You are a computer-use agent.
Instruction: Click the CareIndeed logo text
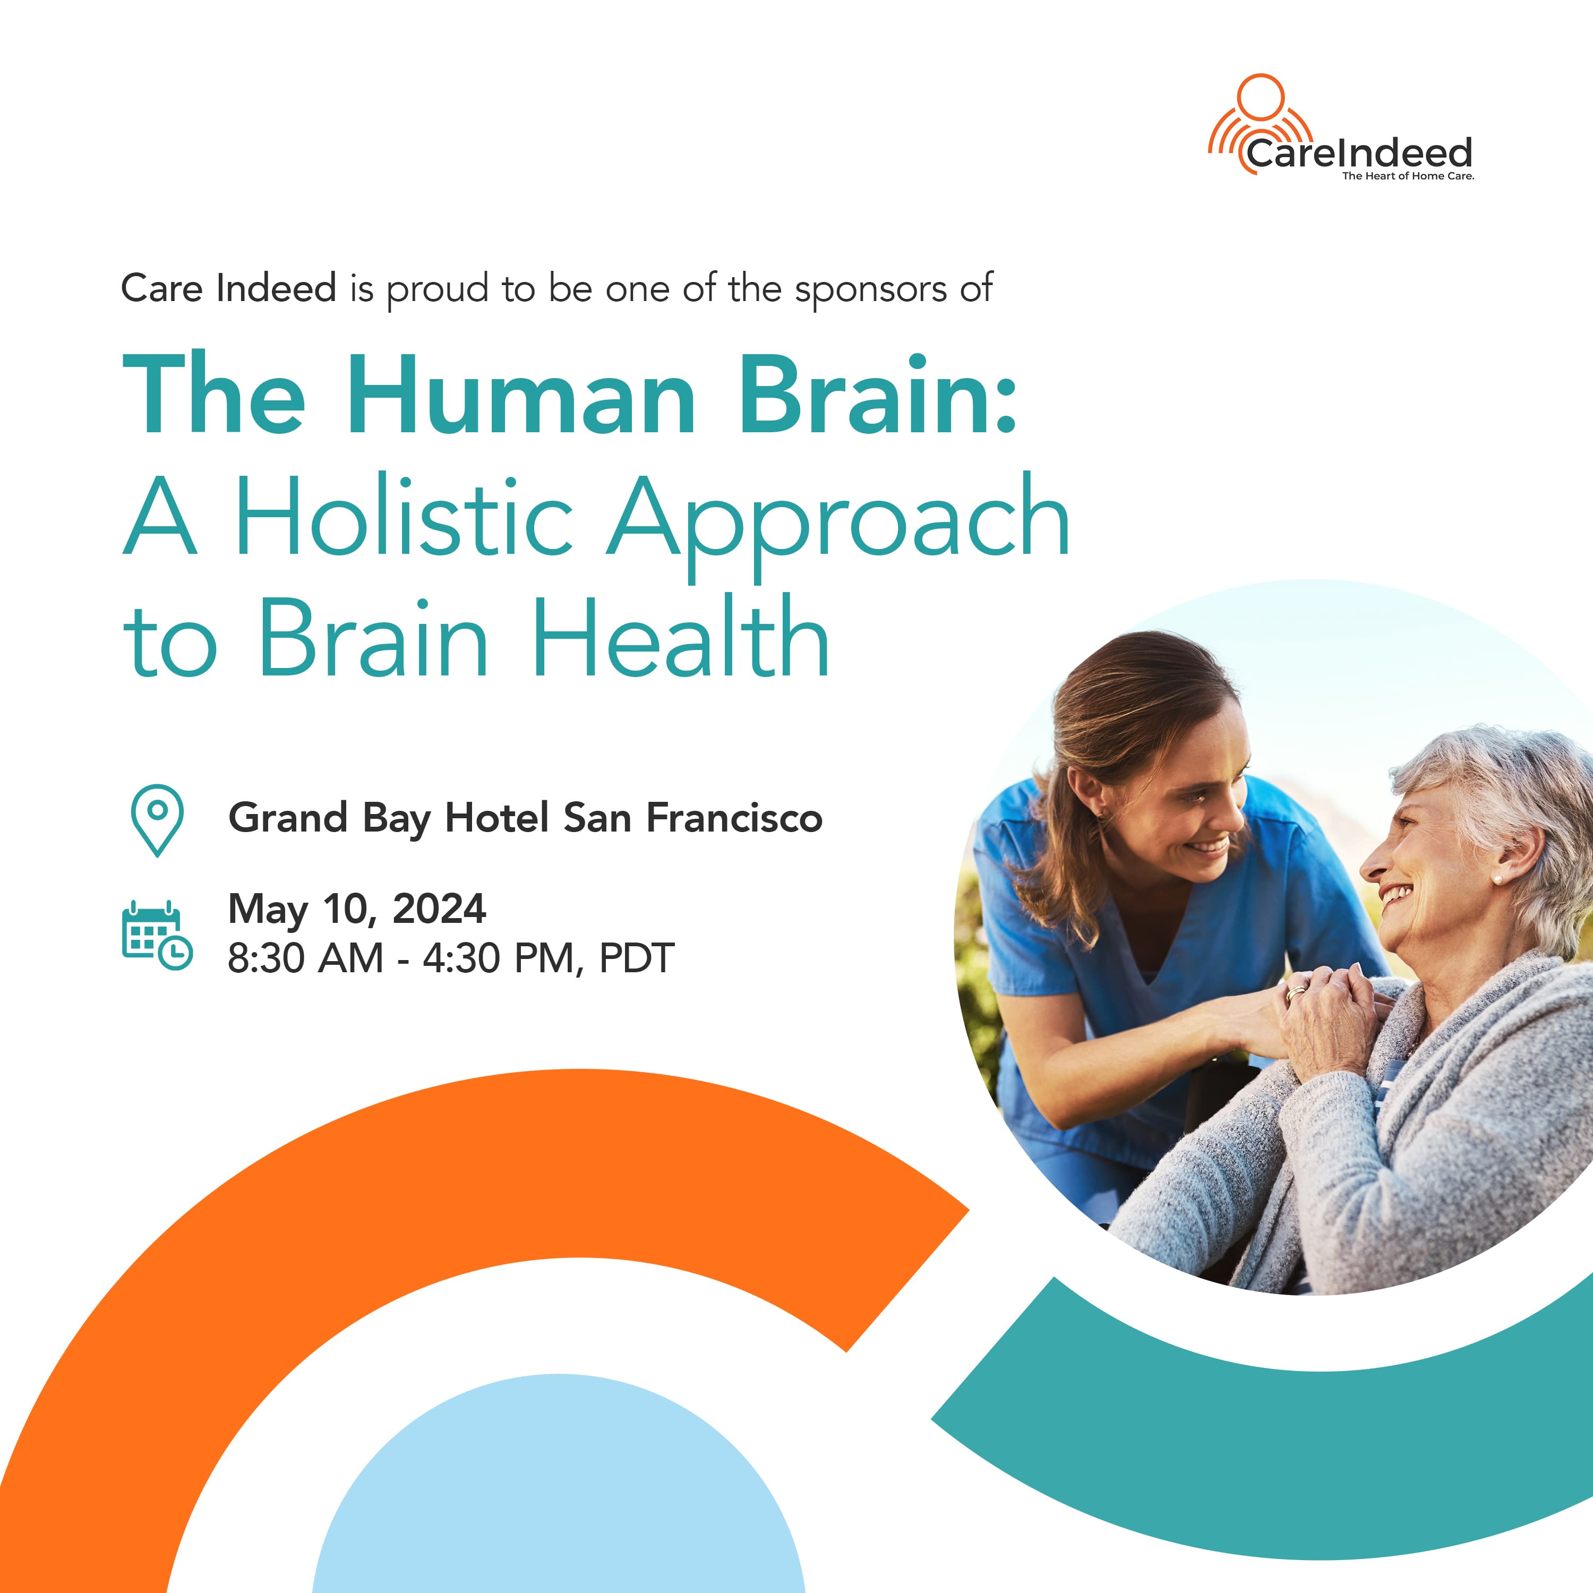click(x=1359, y=153)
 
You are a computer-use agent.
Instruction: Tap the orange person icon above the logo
click(x=1261, y=124)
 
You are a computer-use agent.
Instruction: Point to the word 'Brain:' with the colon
click(x=878, y=393)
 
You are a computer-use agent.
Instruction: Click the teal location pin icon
click(x=158, y=819)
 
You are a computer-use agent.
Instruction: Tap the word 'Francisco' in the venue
click(x=734, y=818)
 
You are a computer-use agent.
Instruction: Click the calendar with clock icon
click(x=157, y=935)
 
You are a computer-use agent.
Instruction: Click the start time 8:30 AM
click(x=306, y=958)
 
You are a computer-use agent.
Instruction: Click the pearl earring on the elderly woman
click(x=1496, y=880)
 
